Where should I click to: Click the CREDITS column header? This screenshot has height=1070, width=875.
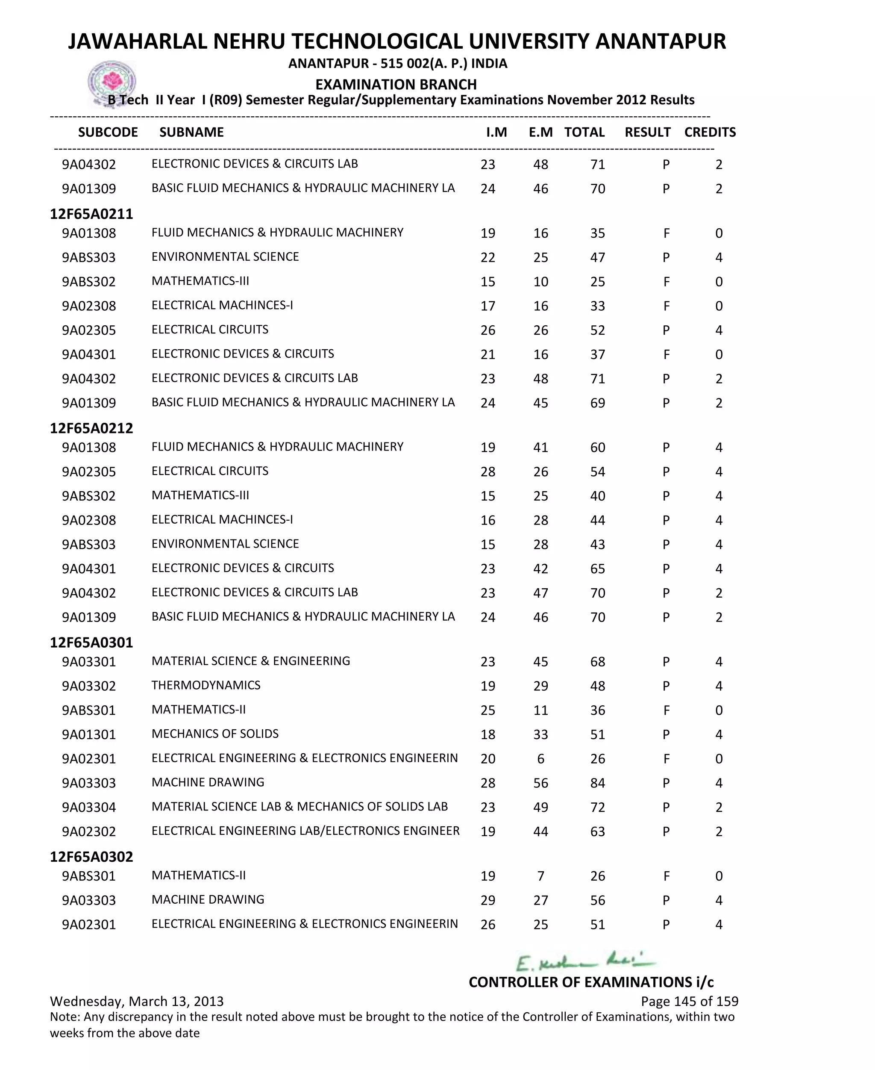tap(710, 132)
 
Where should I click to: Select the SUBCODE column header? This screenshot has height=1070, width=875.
tap(108, 132)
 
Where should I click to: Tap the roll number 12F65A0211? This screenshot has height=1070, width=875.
tap(91, 214)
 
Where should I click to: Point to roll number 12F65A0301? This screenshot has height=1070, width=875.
tap(91, 643)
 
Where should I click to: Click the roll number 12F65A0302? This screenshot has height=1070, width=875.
tap(91, 857)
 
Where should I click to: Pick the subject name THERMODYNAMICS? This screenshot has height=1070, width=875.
tap(206, 685)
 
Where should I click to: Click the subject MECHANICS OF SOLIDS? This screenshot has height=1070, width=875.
tap(215, 734)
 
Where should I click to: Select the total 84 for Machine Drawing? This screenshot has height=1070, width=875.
tap(597, 783)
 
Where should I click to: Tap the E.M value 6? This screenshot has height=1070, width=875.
tap(540, 759)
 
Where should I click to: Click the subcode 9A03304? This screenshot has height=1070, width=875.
tap(89, 807)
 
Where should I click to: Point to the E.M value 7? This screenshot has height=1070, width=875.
tap(540, 876)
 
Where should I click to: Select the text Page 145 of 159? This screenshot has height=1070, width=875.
tap(689, 1002)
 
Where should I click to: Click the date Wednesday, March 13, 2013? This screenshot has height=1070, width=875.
tap(137, 1002)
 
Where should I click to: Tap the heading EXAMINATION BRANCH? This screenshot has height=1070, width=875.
tap(396, 84)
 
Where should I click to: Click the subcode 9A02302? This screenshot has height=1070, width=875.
tap(89, 831)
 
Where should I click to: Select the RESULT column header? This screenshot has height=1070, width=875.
tap(647, 132)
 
